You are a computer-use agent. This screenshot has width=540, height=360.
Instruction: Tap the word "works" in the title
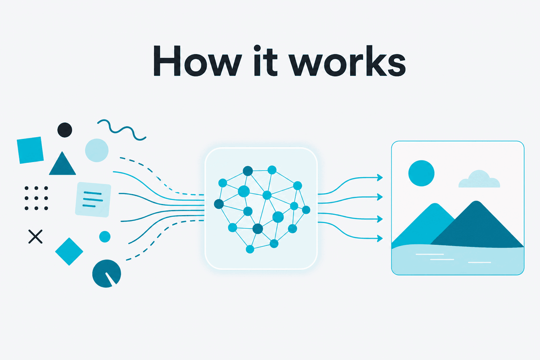pyautogui.click(x=347, y=61)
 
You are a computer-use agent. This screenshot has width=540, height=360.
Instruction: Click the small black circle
pyautogui.click(x=65, y=130)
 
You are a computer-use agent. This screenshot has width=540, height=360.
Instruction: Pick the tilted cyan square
pyautogui.click(x=30, y=150)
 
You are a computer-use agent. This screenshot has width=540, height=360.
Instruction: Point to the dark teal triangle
pyautogui.click(x=62, y=163)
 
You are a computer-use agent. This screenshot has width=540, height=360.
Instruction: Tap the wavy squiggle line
pyautogui.click(x=121, y=130)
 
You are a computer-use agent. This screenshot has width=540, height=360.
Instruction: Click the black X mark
pyautogui.click(x=35, y=236)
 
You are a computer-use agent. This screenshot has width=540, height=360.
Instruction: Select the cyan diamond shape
pyautogui.click(x=69, y=252)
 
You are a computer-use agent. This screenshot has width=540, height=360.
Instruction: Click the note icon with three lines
pyautogui.click(x=93, y=200)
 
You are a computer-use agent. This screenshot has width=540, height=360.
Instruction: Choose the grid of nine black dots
pyautogui.click(x=36, y=198)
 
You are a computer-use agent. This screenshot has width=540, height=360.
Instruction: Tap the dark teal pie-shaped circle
pyautogui.click(x=107, y=273)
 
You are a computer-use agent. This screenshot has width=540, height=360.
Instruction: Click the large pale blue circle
pyautogui.click(x=97, y=150)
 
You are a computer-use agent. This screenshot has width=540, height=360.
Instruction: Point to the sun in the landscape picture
pyautogui.click(x=421, y=173)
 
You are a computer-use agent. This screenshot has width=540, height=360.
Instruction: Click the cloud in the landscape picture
pyautogui.click(x=479, y=179)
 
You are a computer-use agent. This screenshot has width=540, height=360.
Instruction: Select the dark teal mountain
pyautogui.click(x=476, y=227)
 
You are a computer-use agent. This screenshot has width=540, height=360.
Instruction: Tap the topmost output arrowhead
pyautogui.click(x=380, y=178)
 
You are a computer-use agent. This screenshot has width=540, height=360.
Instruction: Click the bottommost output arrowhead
pyautogui.click(x=380, y=238)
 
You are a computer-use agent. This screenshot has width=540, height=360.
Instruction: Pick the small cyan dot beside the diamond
pyautogui.click(x=105, y=236)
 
